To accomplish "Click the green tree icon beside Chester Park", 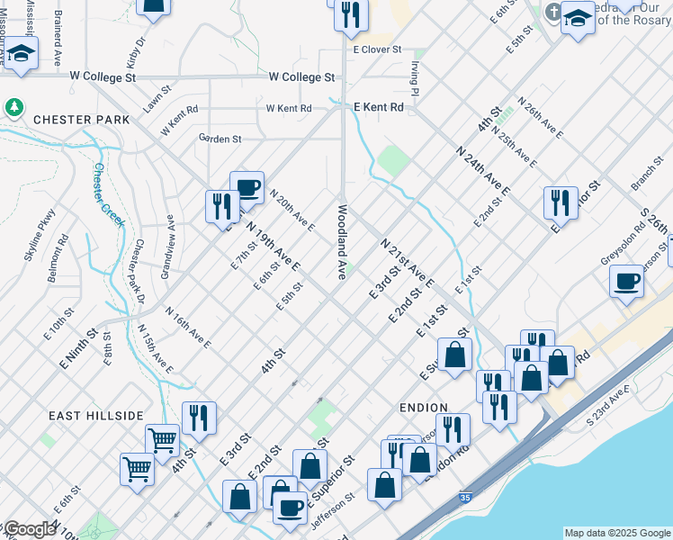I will [x=14, y=108].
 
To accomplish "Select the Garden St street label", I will [x=220, y=139].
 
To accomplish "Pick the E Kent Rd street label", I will [x=378, y=107].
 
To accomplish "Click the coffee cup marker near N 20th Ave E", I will [x=247, y=187].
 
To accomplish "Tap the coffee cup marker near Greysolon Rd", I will [x=626, y=280].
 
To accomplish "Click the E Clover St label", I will [x=377, y=50].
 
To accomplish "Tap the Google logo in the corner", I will [x=29, y=529].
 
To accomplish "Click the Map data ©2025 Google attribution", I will [x=616, y=533].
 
